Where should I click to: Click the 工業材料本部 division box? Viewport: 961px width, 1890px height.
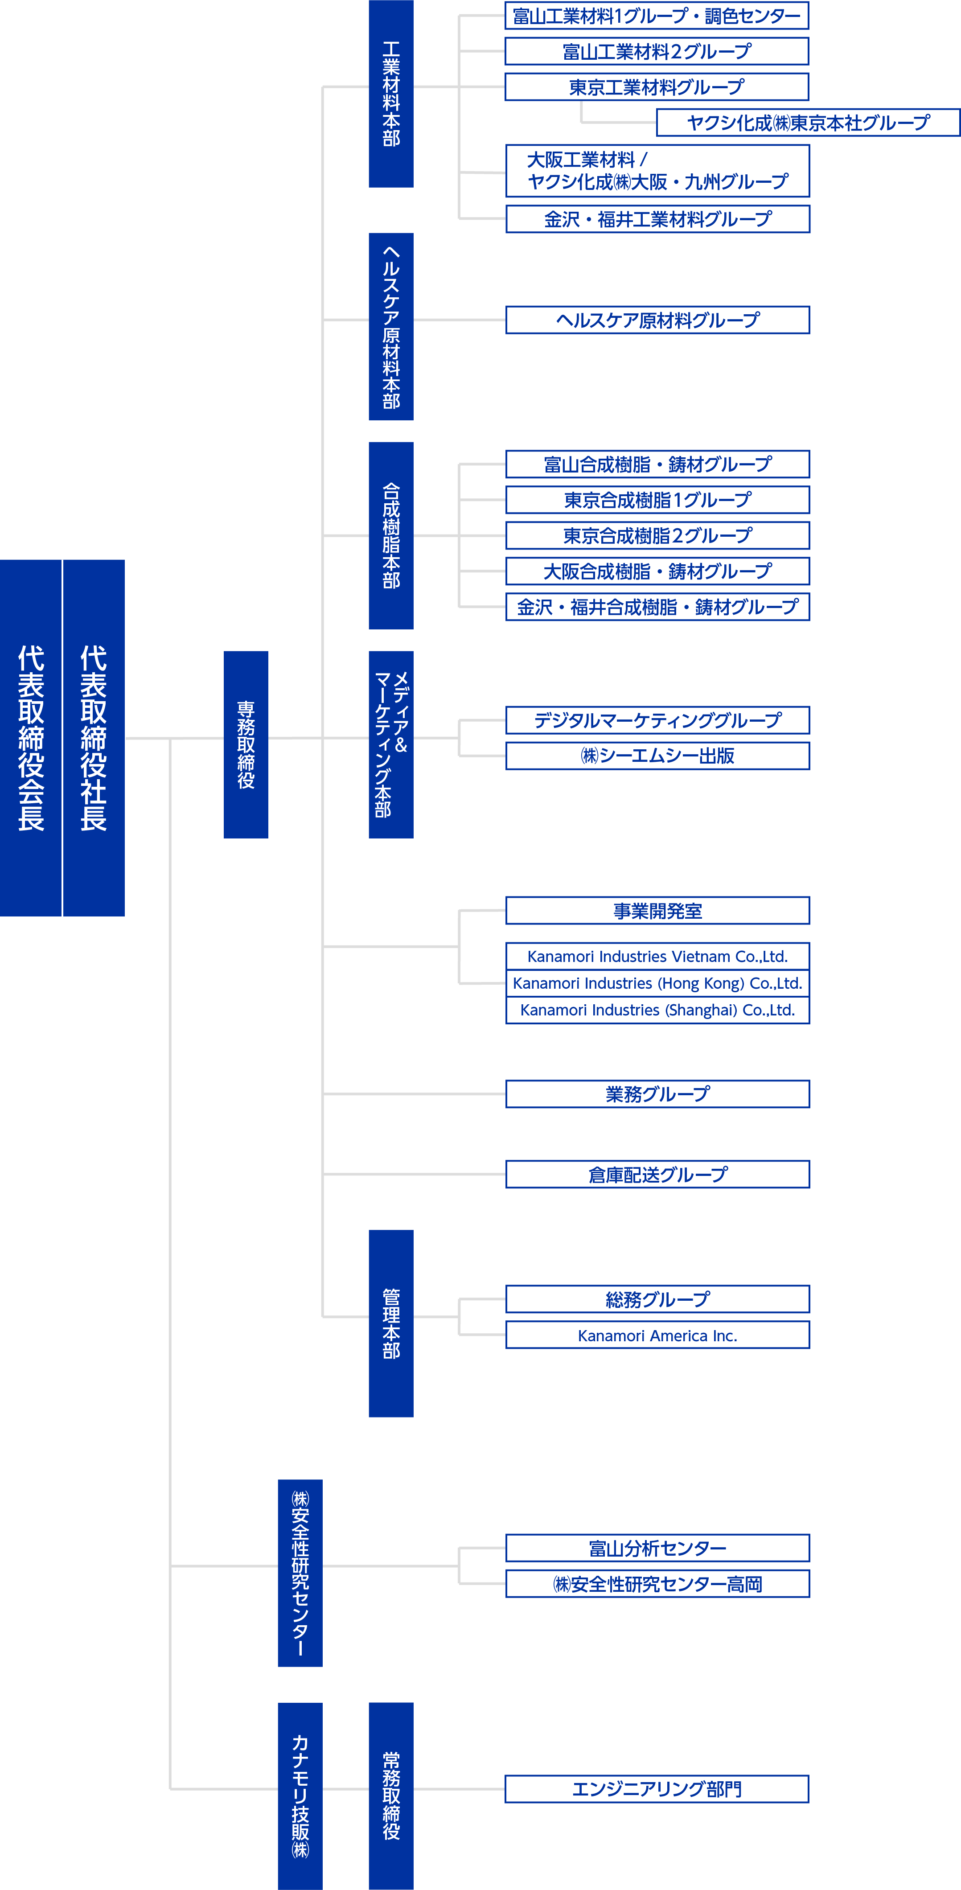click(x=391, y=94)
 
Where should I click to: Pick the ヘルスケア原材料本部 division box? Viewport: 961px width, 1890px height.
click(x=391, y=326)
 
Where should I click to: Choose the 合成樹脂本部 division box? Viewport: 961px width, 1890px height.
click(x=391, y=536)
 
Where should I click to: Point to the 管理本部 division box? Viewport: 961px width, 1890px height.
click(x=391, y=1323)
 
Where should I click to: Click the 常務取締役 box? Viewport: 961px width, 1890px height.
click(x=391, y=1796)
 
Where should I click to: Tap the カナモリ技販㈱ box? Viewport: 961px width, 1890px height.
click(x=300, y=1796)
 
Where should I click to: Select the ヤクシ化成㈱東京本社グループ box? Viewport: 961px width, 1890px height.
click(x=809, y=123)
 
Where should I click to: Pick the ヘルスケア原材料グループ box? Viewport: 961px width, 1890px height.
click(x=658, y=320)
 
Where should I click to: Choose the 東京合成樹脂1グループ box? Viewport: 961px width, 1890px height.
click(x=658, y=500)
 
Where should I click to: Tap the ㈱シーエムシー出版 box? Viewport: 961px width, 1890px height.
click(x=658, y=756)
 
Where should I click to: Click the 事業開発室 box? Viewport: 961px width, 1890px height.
click(x=658, y=911)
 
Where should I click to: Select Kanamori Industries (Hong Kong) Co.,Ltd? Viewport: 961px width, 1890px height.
click(x=658, y=983)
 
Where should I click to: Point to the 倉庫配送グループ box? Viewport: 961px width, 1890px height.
click(x=658, y=1174)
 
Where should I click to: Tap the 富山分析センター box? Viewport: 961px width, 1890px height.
click(x=658, y=1548)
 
